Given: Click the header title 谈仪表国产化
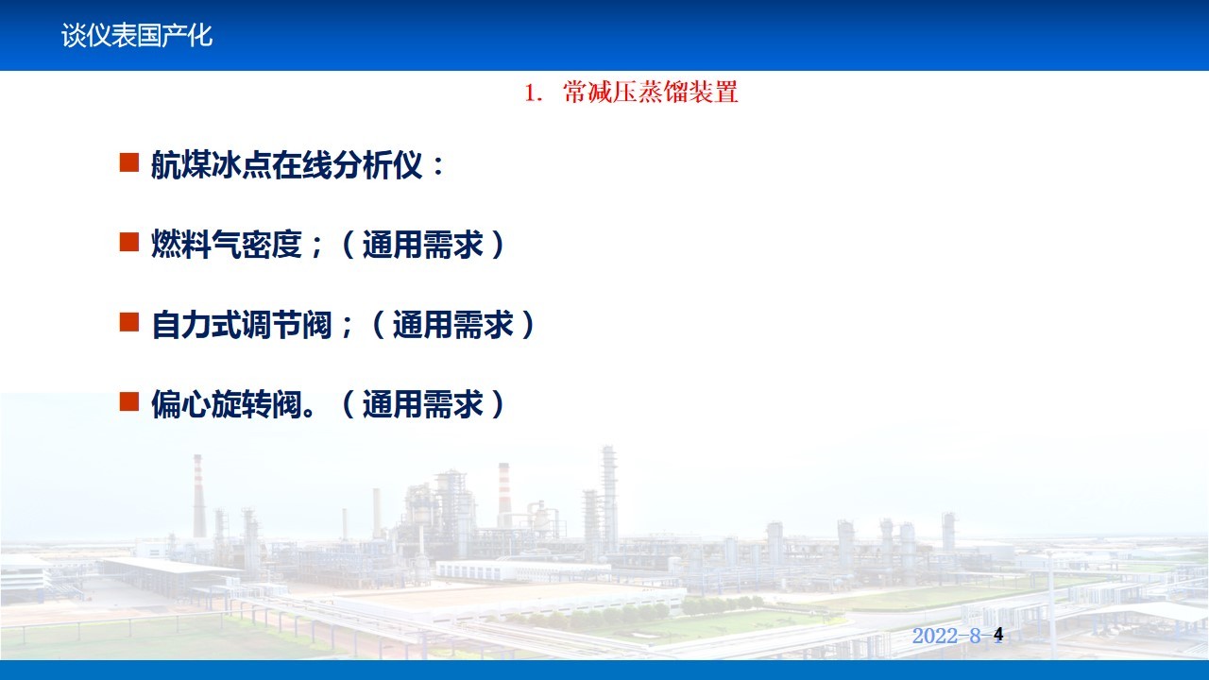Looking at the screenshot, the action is pyautogui.click(x=137, y=36).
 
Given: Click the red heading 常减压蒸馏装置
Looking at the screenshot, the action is pyautogui.click(x=651, y=92).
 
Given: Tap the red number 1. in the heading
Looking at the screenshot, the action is pyautogui.click(x=534, y=93).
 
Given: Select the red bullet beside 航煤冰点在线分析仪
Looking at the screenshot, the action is pyautogui.click(x=129, y=162).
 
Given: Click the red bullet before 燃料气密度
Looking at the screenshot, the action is pyautogui.click(x=129, y=242).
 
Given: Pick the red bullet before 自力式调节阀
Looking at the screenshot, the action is pyautogui.click(x=129, y=322).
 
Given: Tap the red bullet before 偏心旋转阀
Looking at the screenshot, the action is pyautogui.click(x=129, y=401).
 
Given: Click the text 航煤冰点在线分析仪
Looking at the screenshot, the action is pyautogui.click(x=286, y=164).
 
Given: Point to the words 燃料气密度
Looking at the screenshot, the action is pyautogui.click(x=226, y=245).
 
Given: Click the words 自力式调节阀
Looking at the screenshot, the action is pyautogui.click(x=241, y=324).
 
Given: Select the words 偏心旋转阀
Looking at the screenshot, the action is pyautogui.click(x=226, y=404).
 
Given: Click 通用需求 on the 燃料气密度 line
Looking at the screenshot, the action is pyautogui.click(x=422, y=245).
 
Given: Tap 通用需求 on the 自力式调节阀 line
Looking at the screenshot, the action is pyautogui.click(x=452, y=324).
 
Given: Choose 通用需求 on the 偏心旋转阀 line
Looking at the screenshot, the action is pyautogui.click(x=422, y=404).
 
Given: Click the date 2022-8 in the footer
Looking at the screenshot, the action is pyautogui.click(x=946, y=636).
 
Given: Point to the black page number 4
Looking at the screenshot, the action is pyautogui.click(x=998, y=635).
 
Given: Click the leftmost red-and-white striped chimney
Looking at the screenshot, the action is pyautogui.click(x=198, y=496).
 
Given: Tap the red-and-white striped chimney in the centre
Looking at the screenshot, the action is pyautogui.click(x=504, y=494).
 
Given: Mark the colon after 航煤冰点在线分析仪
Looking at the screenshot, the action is pyautogui.click(x=438, y=165).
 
